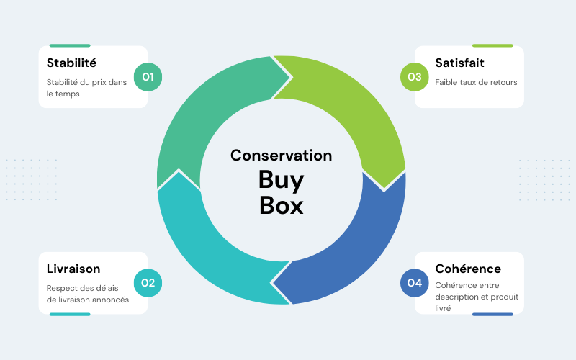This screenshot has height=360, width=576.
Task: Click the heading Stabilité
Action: (x=71, y=63)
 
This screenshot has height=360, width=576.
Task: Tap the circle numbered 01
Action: (x=148, y=76)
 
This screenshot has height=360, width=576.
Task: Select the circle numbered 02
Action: (x=148, y=282)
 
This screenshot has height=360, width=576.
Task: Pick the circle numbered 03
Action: (x=414, y=76)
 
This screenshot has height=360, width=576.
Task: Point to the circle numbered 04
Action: (x=414, y=282)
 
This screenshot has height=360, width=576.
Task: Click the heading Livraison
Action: (x=73, y=269)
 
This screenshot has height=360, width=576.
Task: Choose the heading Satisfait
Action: (x=459, y=63)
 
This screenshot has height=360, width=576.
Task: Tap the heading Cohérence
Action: (x=468, y=269)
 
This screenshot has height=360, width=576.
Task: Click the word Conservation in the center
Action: (x=281, y=156)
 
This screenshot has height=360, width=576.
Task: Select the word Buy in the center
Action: (x=281, y=180)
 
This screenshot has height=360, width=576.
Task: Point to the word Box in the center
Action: (x=281, y=205)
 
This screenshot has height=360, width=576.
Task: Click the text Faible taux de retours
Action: (x=476, y=82)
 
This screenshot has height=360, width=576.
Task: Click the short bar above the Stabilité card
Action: (x=70, y=45)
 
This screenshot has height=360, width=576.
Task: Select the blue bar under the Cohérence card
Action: (x=492, y=314)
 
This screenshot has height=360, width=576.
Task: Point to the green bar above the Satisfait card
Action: (x=492, y=45)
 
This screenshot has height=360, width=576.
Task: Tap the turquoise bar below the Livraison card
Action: (x=70, y=314)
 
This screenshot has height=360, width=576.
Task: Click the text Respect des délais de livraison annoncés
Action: (x=88, y=294)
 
